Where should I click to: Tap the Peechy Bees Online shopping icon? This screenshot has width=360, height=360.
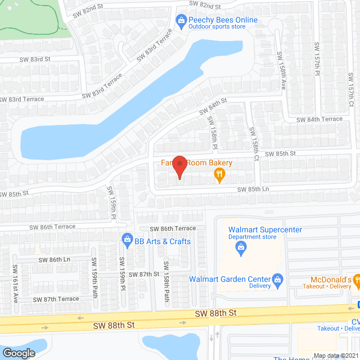click(181, 21)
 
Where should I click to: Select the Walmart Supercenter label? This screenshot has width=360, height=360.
click(265, 229)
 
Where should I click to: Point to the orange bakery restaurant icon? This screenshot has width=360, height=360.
click(219, 176)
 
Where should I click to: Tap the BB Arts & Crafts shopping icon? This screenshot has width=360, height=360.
click(128, 240)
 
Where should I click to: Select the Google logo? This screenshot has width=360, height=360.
click(19, 353)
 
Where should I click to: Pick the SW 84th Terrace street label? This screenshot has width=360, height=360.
click(319, 119)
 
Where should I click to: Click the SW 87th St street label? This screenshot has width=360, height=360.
click(145, 274)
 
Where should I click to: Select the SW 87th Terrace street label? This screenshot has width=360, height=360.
click(56, 299)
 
